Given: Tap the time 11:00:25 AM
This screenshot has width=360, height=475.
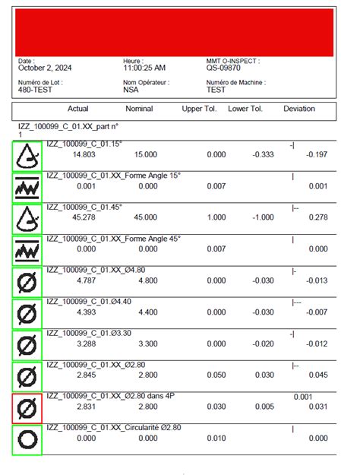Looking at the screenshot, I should pyautogui.click(x=144, y=68).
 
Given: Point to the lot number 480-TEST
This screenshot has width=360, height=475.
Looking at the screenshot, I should pyautogui.click(x=34, y=89).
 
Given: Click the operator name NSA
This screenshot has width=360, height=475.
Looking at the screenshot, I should pyautogui.click(x=131, y=89).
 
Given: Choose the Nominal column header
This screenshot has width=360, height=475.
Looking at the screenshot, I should pyautogui.click(x=139, y=109).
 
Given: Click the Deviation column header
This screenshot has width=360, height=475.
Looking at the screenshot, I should pyautogui.click(x=299, y=109).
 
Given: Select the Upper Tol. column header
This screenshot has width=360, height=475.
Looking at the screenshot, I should pyautogui.click(x=199, y=109).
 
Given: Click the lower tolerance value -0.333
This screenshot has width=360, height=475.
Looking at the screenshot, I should pyautogui.click(x=262, y=154).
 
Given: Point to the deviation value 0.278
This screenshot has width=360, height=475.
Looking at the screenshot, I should pyautogui.click(x=317, y=217).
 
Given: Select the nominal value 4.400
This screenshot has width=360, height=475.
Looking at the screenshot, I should pyautogui.click(x=145, y=312).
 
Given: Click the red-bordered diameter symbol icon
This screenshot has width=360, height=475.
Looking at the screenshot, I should pyautogui.click(x=27, y=409).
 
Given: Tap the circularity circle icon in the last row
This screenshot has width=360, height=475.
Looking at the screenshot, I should pyautogui.click(x=27, y=440).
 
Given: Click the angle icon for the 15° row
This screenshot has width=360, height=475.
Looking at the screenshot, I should pyautogui.click(x=27, y=155).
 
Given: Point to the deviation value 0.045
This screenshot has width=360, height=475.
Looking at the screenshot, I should pyautogui.click(x=317, y=375).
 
